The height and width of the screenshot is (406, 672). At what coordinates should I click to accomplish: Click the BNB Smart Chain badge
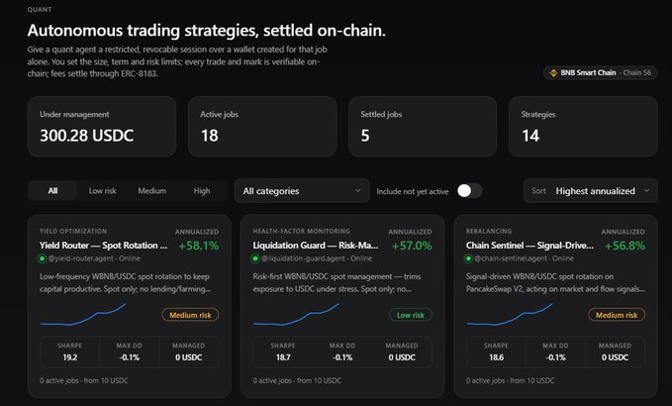[x=601, y=73]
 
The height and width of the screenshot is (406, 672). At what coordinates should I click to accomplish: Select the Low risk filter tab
[x=102, y=191]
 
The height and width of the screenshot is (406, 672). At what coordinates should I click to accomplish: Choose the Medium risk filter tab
[x=152, y=191]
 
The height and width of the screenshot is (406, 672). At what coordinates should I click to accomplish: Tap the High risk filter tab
[x=202, y=191]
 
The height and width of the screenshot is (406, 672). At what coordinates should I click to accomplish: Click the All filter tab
[x=52, y=191]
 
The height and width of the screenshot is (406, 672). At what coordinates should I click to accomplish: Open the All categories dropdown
[x=302, y=191]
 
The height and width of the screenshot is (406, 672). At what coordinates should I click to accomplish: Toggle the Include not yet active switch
[x=470, y=191]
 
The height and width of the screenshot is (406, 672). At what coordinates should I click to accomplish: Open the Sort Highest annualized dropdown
[x=591, y=191]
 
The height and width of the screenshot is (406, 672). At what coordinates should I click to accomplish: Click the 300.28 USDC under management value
[x=86, y=136]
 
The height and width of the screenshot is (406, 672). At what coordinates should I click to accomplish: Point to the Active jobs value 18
[x=210, y=136]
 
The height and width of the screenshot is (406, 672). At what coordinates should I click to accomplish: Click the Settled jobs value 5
[x=365, y=136]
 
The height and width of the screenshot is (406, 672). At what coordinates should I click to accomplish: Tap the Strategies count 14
[x=530, y=136]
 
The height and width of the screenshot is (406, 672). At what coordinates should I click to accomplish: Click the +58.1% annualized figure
[x=199, y=246]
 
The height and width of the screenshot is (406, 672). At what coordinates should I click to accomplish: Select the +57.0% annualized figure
[x=412, y=246]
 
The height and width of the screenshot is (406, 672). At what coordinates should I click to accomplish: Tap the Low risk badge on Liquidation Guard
[x=411, y=315]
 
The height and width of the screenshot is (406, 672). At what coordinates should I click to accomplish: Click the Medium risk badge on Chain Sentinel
[x=617, y=315]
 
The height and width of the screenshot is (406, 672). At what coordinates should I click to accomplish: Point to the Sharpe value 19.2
[x=70, y=357]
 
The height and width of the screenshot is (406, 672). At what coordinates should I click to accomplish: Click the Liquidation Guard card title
[x=316, y=246]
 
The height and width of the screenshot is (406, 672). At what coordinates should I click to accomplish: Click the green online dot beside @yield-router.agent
[x=42, y=258]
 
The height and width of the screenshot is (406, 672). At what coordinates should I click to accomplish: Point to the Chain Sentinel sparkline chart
[x=510, y=315]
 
